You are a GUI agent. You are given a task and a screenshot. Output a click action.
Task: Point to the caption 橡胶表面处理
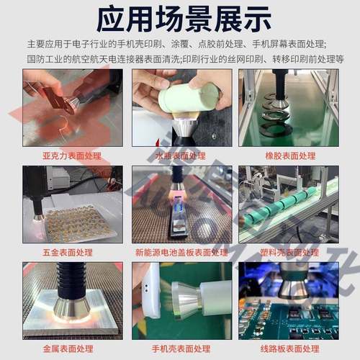[287, 155]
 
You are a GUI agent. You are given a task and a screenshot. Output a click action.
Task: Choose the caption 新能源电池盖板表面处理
[177, 253]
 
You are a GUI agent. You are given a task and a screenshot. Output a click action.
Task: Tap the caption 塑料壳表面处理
[287, 253]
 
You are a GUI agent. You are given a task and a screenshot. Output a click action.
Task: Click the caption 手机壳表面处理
[177, 348]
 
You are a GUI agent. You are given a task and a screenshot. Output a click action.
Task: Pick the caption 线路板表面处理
[287, 348]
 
